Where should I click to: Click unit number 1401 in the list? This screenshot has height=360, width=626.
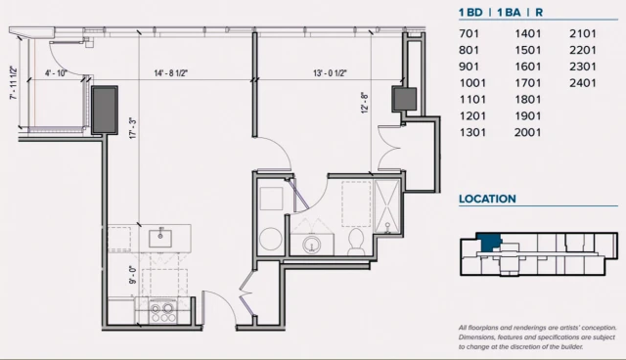point(528,33)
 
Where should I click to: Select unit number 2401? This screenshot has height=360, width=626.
point(583,83)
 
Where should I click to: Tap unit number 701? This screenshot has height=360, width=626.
point(469,33)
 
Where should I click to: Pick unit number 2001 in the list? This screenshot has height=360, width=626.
point(528,132)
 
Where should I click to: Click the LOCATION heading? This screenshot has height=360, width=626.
point(487,199)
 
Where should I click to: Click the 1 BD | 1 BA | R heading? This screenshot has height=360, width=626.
point(501,13)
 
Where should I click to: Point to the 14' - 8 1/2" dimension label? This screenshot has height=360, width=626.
point(171,73)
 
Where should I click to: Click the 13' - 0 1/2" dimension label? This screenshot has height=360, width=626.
point(330,73)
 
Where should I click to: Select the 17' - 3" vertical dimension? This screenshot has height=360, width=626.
point(133,128)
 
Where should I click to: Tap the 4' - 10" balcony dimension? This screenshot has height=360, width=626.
point(56,73)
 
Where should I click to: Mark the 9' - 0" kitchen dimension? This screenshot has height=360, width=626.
point(133,275)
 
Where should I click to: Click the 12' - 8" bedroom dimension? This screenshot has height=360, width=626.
point(365,104)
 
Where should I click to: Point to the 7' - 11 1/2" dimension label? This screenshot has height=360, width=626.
point(14,83)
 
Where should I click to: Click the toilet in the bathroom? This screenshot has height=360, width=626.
point(355,242)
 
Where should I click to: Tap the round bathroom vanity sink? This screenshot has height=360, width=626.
point(312,245)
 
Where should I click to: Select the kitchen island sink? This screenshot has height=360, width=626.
point(160,238)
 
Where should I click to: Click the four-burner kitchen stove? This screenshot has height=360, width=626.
point(163,312)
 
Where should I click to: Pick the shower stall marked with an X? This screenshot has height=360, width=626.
point(387,206)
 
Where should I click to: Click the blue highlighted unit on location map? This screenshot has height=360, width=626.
point(489,242)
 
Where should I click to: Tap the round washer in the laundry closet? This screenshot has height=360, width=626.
point(271,239)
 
